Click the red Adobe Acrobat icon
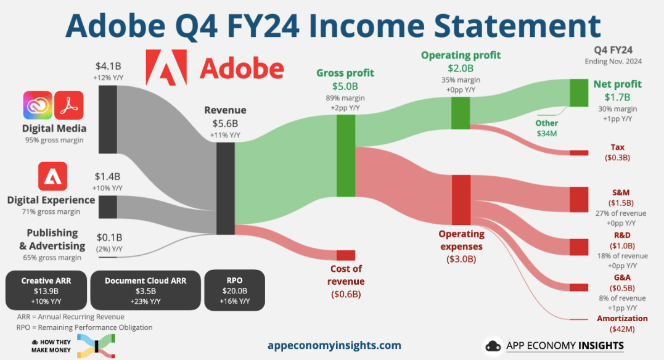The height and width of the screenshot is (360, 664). tap(69, 105)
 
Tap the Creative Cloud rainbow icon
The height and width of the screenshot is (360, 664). tap(38, 105)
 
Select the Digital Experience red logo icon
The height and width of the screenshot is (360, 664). tap(52, 176)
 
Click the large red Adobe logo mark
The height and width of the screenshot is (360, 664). tap(166, 67)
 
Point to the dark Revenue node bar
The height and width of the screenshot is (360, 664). tap(225, 189)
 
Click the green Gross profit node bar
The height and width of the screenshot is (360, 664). tap(346, 156)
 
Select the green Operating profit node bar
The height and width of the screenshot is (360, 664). tap(461, 113)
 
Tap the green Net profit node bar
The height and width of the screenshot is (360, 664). tap(579, 92)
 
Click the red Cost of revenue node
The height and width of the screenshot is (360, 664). tap(346, 255)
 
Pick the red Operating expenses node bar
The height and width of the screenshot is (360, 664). tap(461, 200)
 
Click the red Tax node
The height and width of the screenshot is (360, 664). tap(579, 153)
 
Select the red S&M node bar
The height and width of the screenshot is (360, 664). tap(579, 200)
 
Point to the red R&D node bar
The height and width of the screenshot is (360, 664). tap(579, 247)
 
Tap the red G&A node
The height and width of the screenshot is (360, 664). tap(579, 288)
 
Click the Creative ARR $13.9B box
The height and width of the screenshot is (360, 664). tap(46, 290)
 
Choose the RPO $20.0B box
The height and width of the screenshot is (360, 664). tap(235, 290)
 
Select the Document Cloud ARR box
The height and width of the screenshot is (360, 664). tap(146, 290)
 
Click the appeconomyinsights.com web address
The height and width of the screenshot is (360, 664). tap(335, 345)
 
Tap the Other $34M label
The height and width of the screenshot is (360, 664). tap(547, 128)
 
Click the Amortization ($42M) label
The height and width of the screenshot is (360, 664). tap(622, 324)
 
